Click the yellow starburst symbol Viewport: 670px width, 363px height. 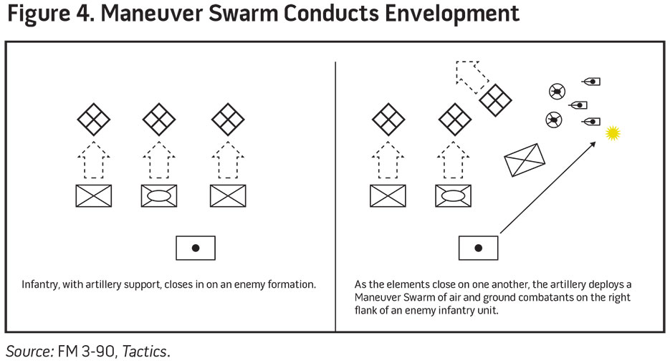[612, 133]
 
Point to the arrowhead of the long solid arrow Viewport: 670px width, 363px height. [594, 143]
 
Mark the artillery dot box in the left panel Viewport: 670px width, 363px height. [195, 248]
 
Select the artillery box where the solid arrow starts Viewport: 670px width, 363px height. [478, 248]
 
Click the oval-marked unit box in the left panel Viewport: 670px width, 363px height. [160, 195]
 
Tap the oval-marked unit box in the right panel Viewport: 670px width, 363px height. [454, 195]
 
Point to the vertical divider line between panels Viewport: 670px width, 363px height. [335, 193]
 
